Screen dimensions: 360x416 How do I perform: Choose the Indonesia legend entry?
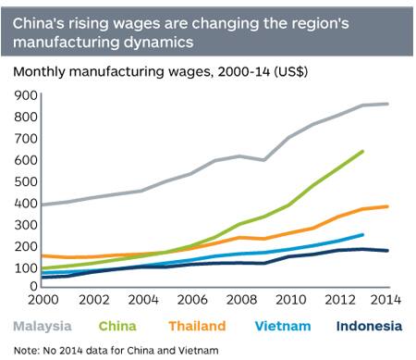pyautogui.click(x=356, y=325)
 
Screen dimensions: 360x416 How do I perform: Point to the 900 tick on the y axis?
pyautogui.click(x=24, y=94)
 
